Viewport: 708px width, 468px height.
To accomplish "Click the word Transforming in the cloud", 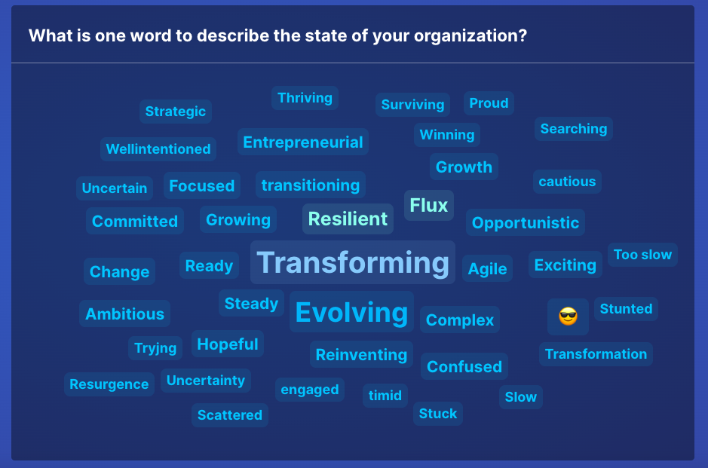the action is click(x=353, y=263).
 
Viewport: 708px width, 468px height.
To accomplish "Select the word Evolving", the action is click(x=351, y=312).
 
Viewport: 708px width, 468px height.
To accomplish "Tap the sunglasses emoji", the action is click(x=568, y=316).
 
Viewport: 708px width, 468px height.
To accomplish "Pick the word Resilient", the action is click(x=348, y=219).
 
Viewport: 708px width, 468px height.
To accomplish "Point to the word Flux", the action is click(x=428, y=205).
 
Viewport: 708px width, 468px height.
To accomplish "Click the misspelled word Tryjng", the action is click(x=155, y=348).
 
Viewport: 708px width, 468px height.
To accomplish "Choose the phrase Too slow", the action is click(x=642, y=255).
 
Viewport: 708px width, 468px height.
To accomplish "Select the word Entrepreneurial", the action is click(x=303, y=142).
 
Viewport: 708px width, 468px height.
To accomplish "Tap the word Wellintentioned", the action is click(x=158, y=149).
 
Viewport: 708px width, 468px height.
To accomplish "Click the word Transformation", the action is click(x=596, y=353).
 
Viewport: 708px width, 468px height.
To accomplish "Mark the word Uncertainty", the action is click(x=205, y=381).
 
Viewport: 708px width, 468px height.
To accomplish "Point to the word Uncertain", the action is click(x=115, y=188).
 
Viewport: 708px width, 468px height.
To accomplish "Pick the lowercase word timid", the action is click(x=385, y=396).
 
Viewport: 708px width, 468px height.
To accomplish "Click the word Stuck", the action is click(x=438, y=414).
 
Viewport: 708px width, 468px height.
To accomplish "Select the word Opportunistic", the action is click(x=525, y=223).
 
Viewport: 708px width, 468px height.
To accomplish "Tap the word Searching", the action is click(x=574, y=129).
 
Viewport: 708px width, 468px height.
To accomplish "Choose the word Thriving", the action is click(x=305, y=98).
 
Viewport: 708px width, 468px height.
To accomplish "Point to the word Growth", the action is click(x=464, y=167).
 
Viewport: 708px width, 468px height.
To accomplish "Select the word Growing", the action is click(x=238, y=220).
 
